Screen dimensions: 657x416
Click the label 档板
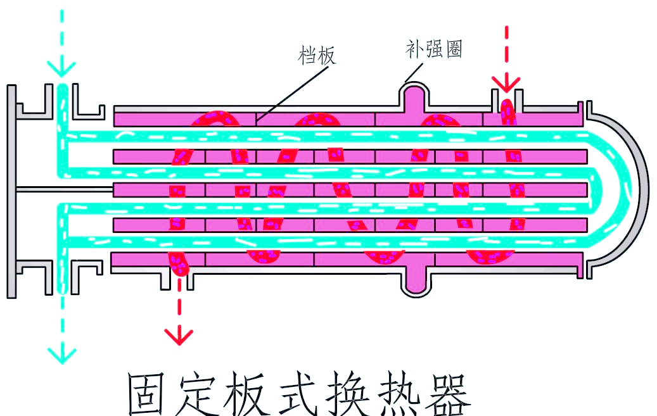click(x=317, y=55)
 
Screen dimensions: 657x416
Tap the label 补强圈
click(x=433, y=49)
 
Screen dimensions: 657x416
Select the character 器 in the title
click(x=447, y=394)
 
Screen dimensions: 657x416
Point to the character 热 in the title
click(x=398, y=394)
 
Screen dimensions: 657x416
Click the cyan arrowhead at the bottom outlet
click(x=61, y=356)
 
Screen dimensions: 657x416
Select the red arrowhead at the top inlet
click(x=506, y=84)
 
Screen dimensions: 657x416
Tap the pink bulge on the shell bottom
click(x=416, y=279)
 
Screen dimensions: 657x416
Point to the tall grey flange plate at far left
click(x=12, y=191)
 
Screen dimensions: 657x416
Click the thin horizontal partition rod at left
click(x=65, y=190)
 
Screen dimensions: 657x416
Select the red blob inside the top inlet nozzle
click(x=507, y=112)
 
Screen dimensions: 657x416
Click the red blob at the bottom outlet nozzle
click(x=179, y=264)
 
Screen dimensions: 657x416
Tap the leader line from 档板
click(x=292, y=94)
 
